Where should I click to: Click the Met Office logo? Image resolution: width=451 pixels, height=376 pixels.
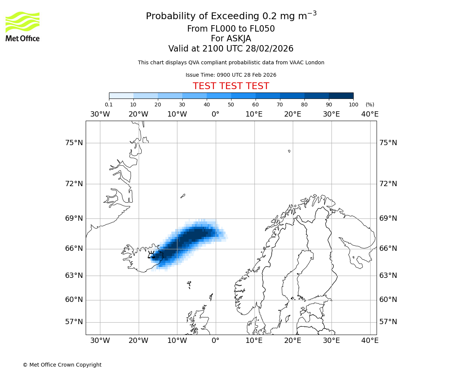coord(23,26)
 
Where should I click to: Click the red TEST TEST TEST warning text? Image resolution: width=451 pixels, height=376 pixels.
coord(231,86)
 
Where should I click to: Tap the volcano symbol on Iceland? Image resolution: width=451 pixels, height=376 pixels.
coord(151,255)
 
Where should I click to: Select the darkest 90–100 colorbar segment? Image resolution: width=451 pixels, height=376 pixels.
coord(341,96)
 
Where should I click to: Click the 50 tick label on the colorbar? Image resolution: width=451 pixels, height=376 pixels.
coord(231,105)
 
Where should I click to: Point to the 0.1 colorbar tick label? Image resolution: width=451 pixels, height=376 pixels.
coord(109,105)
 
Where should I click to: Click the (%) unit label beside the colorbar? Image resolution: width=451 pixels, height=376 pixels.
coord(370,105)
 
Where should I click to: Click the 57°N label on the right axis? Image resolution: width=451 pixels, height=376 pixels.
coord(388,322)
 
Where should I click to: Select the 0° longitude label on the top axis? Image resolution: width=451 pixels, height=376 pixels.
coord(215,114)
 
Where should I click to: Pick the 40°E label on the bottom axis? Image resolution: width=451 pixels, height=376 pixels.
coord(370,341)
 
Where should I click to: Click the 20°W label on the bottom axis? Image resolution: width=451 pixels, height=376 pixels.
coord(138,341)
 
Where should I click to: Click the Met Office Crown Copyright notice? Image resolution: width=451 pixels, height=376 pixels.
coord(62,365)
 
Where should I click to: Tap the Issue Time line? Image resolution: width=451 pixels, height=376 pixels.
coord(231,75)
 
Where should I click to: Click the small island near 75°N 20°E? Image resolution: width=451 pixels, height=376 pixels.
coord(289,151)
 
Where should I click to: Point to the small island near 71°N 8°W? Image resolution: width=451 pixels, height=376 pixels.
coord(183,196)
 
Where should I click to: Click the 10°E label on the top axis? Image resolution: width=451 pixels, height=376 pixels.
coord(254,114)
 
